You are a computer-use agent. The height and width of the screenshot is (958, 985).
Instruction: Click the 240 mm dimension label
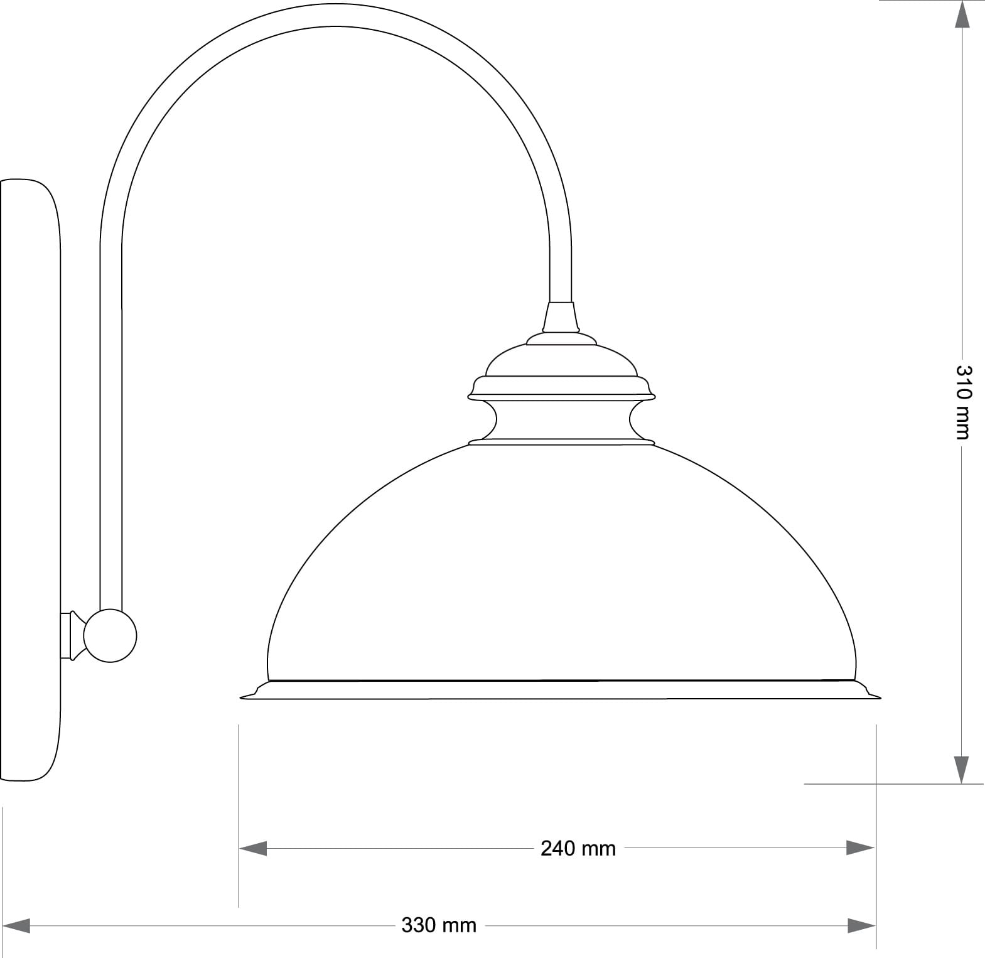click(x=578, y=849)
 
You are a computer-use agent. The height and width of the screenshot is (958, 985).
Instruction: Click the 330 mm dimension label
click(x=439, y=925)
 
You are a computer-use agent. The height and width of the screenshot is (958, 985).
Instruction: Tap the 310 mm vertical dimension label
click(x=963, y=402)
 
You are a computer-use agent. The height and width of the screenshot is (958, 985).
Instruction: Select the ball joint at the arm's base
click(x=110, y=635)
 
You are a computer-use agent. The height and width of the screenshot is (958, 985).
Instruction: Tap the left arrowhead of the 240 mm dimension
click(x=253, y=849)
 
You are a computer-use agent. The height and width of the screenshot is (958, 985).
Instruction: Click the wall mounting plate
click(x=30, y=480)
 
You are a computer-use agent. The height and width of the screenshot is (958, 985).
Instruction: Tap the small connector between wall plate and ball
click(x=72, y=635)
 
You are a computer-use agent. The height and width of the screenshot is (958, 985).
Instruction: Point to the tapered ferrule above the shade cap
click(x=561, y=318)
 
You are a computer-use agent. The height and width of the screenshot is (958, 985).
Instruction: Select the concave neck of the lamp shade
click(x=562, y=419)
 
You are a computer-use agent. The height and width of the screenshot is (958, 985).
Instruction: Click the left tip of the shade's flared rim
click(x=243, y=696)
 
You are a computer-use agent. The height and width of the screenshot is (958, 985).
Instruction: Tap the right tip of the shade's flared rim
click(x=879, y=696)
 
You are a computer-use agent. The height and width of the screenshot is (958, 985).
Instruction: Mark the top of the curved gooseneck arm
click(x=336, y=15)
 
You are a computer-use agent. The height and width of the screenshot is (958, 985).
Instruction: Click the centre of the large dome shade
click(x=561, y=565)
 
